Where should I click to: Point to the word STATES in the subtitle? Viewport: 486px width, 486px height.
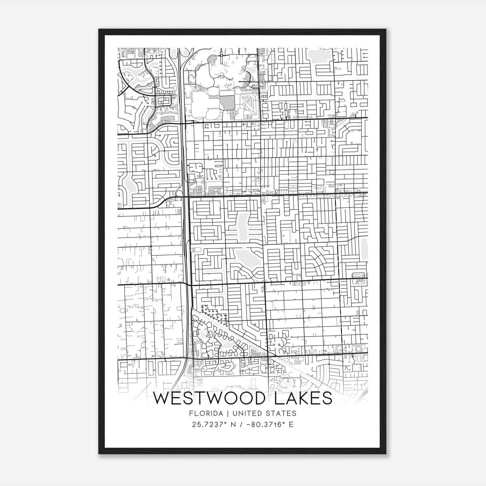click(x=281, y=413)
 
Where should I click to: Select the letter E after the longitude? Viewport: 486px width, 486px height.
click(x=291, y=424)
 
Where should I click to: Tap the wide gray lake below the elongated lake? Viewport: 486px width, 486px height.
click(x=247, y=257)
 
